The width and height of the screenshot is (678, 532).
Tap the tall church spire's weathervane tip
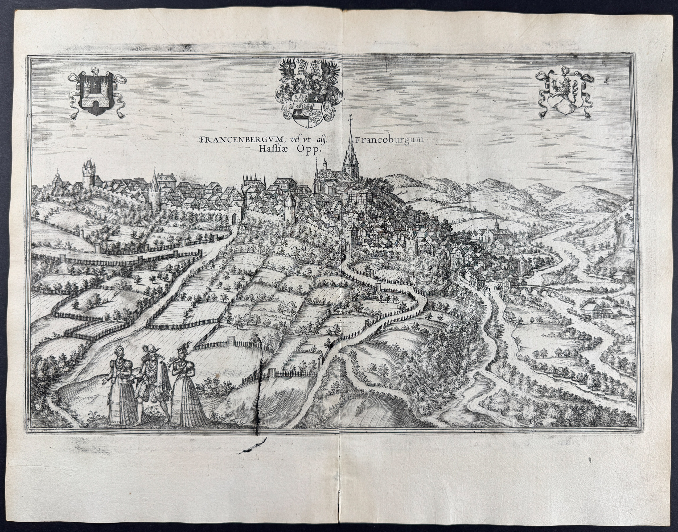(350, 118)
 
